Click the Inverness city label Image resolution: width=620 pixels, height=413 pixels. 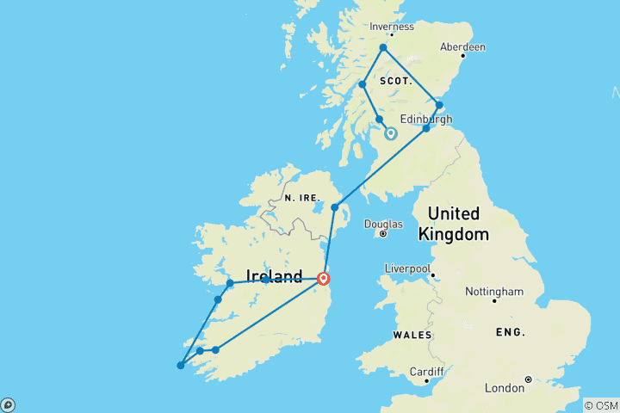391,27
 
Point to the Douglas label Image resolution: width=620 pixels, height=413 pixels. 383,224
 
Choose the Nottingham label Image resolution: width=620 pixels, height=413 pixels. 494,292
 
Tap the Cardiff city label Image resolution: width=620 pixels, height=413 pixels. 426,372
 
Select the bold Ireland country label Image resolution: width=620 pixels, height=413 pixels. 274,276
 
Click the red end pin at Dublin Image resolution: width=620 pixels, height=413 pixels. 323,278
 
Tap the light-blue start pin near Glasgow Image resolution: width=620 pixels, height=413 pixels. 390,133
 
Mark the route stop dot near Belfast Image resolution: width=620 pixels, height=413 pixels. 335,207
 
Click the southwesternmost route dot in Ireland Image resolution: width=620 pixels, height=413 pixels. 180,366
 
